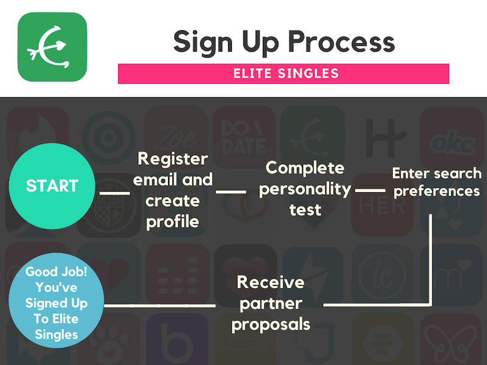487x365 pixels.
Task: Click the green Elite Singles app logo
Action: click(x=52, y=47)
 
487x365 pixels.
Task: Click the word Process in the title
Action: click(x=342, y=41)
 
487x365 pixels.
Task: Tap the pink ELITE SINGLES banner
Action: click(x=284, y=74)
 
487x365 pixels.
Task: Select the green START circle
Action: click(x=52, y=186)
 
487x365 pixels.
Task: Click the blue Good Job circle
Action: click(x=56, y=300)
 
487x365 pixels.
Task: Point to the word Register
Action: click(x=173, y=159)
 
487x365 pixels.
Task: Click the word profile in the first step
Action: click(x=173, y=222)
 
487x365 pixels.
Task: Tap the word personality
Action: click(x=305, y=189)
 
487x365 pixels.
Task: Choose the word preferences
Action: click(x=436, y=192)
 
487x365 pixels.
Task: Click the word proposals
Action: click(x=271, y=325)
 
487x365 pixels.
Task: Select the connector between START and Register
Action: click(x=115, y=193)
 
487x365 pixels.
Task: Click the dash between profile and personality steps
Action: click(x=231, y=192)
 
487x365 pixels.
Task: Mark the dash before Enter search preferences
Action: click(x=370, y=190)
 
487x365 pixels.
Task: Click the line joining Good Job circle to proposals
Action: click(x=159, y=306)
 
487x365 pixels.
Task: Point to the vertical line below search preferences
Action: click(x=430, y=260)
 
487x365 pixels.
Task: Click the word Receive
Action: click(x=270, y=282)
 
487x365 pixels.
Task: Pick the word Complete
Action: click(x=305, y=169)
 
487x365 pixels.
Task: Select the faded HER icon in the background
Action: click(x=382, y=205)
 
